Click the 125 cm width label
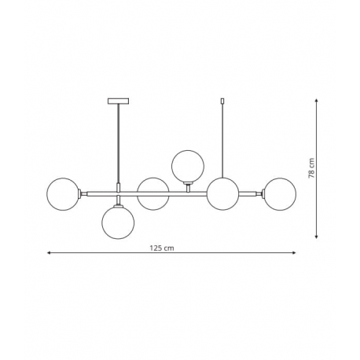point(162,248)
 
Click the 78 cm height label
point(311,168)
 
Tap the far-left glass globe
point(63,194)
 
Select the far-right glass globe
point(280,194)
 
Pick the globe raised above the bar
point(188,166)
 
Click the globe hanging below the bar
point(118,222)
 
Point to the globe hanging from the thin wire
point(222,194)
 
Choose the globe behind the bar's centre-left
point(153,194)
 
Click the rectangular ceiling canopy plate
point(119,101)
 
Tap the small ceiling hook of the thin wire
point(222,101)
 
